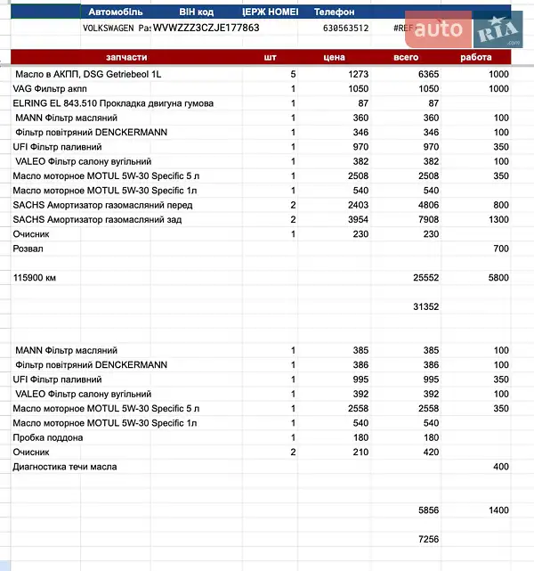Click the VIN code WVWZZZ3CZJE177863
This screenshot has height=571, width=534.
(x=206, y=28)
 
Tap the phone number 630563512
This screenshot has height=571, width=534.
(x=345, y=29)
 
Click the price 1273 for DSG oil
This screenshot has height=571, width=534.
(x=359, y=74)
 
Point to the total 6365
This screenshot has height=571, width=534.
(x=429, y=74)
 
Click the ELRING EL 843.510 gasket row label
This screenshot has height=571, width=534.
(x=113, y=103)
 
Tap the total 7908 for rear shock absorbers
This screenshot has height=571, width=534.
(x=429, y=219)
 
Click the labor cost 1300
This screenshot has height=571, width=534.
(x=498, y=219)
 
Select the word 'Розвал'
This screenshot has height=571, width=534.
(x=28, y=249)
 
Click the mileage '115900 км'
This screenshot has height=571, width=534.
(x=35, y=278)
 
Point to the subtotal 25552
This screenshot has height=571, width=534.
(x=426, y=278)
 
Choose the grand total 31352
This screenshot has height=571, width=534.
(x=426, y=306)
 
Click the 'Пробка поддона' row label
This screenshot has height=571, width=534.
(x=44, y=437)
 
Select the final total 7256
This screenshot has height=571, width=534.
(x=429, y=539)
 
